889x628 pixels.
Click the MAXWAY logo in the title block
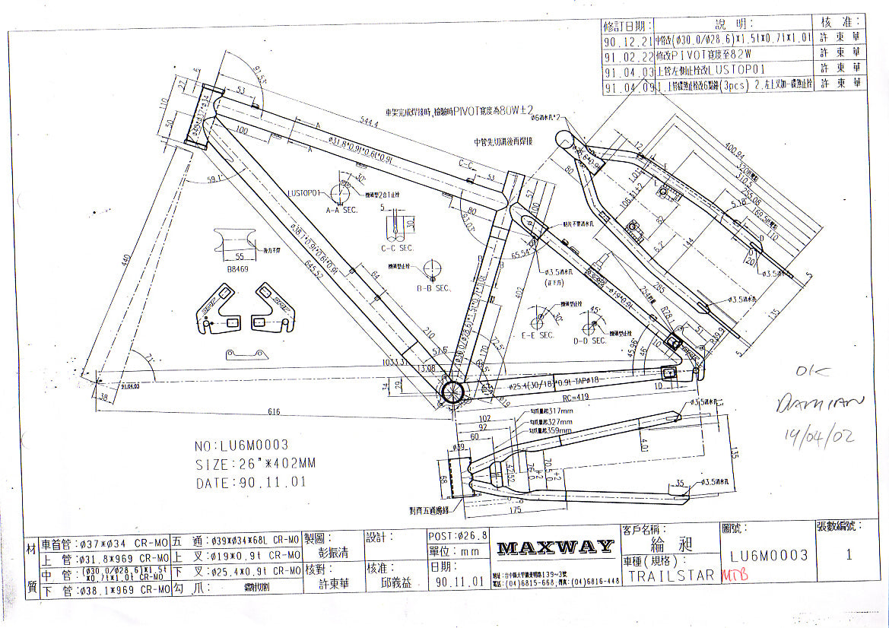point(555,547)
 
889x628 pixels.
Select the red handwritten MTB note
point(734,575)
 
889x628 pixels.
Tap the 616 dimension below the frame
point(274,412)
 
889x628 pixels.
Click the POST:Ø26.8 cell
point(457,536)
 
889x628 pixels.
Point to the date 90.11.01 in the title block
point(459,583)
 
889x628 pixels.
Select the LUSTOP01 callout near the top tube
point(304,192)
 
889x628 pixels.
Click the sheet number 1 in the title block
point(849,554)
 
